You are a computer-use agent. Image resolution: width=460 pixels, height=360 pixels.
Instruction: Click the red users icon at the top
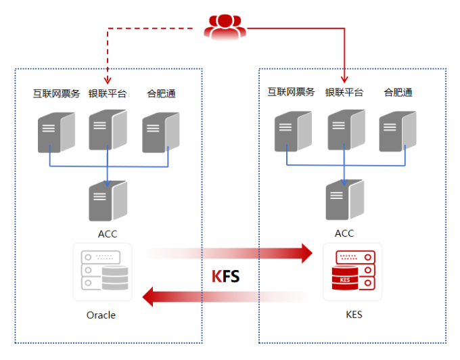pyautogui.click(x=225, y=26)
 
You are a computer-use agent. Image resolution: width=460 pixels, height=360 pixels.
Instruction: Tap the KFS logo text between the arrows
pyautogui.click(x=225, y=276)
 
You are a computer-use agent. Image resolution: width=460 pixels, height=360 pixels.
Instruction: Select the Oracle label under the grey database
pyautogui.click(x=101, y=315)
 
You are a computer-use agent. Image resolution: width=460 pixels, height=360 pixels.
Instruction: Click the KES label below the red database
pyautogui.click(x=354, y=315)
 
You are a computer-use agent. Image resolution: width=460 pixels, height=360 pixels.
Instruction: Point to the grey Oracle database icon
pyautogui.click(x=102, y=271)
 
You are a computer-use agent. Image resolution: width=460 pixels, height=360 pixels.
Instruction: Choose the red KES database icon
pyautogui.click(x=352, y=271)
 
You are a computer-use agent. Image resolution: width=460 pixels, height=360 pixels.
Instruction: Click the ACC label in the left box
pyautogui.click(x=108, y=234)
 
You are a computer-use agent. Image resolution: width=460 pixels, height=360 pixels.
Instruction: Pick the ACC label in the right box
pyautogui.click(x=344, y=233)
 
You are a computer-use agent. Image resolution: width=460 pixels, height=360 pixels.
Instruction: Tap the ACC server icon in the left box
pyautogui.click(x=108, y=201)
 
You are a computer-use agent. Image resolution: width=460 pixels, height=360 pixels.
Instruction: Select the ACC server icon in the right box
pyautogui.click(x=345, y=200)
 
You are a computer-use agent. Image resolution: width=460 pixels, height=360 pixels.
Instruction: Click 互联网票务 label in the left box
pyautogui.click(x=56, y=93)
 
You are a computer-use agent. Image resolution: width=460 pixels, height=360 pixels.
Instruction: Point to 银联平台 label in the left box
pyautogui.click(x=108, y=93)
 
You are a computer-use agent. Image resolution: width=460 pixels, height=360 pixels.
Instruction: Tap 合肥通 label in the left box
pyautogui.click(x=161, y=93)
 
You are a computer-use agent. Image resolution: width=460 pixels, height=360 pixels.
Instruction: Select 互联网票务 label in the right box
pyautogui.click(x=291, y=92)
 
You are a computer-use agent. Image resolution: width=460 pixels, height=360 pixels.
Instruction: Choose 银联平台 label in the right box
pyautogui.click(x=344, y=93)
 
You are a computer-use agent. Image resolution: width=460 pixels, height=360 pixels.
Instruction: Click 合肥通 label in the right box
pyautogui.click(x=398, y=93)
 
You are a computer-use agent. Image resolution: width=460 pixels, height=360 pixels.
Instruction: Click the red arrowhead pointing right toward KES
pyautogui.click(x=307, y=253)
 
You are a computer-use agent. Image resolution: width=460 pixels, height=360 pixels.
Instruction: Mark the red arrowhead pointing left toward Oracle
pyautogui.click(x=147, y=297)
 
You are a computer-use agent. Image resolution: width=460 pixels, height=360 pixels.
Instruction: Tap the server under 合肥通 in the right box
pyautogui.click(x=398, y=131)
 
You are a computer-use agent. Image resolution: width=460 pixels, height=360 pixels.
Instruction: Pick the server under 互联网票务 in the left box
pyautogui.click(x=56, y=133)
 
